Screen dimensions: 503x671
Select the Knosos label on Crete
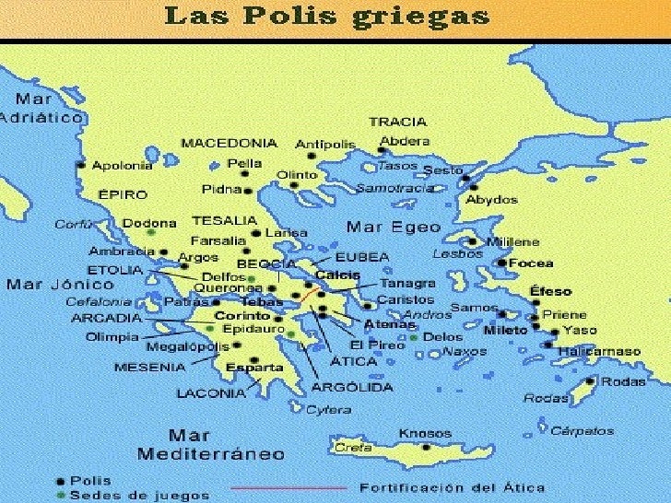point(425,433)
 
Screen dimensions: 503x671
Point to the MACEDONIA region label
point(229,144)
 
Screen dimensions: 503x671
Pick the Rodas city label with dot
point(625,381)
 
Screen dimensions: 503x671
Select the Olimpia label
point(112,336)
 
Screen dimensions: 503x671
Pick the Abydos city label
point(490,199)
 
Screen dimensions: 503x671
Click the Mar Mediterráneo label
point(198,444)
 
